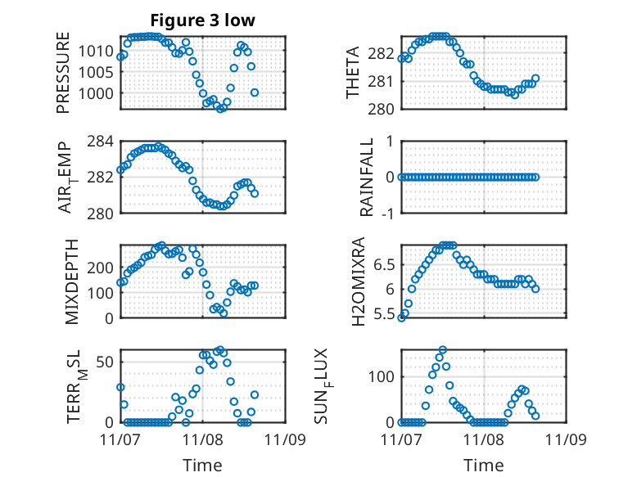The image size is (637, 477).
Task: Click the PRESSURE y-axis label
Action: click(64, 73)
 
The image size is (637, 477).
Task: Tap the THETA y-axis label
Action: click(354, 73)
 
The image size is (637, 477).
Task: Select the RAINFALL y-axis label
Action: click(366, 177)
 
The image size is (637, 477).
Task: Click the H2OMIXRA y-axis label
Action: click(358, 281)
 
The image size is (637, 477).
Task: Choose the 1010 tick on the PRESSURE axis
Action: click(102, 51)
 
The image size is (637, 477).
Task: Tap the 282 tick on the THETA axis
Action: click(384, 54)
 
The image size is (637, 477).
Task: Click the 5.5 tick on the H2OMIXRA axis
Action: click(383, 313)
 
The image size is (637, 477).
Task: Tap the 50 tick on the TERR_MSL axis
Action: click(111, 361)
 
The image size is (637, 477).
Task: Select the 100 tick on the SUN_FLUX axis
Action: click(384, 376)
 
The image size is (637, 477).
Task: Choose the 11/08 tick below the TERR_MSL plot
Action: click(203, 439)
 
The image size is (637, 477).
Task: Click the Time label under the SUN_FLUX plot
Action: click(483, 466)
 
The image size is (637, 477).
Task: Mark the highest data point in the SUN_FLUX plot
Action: click(443, 350)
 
